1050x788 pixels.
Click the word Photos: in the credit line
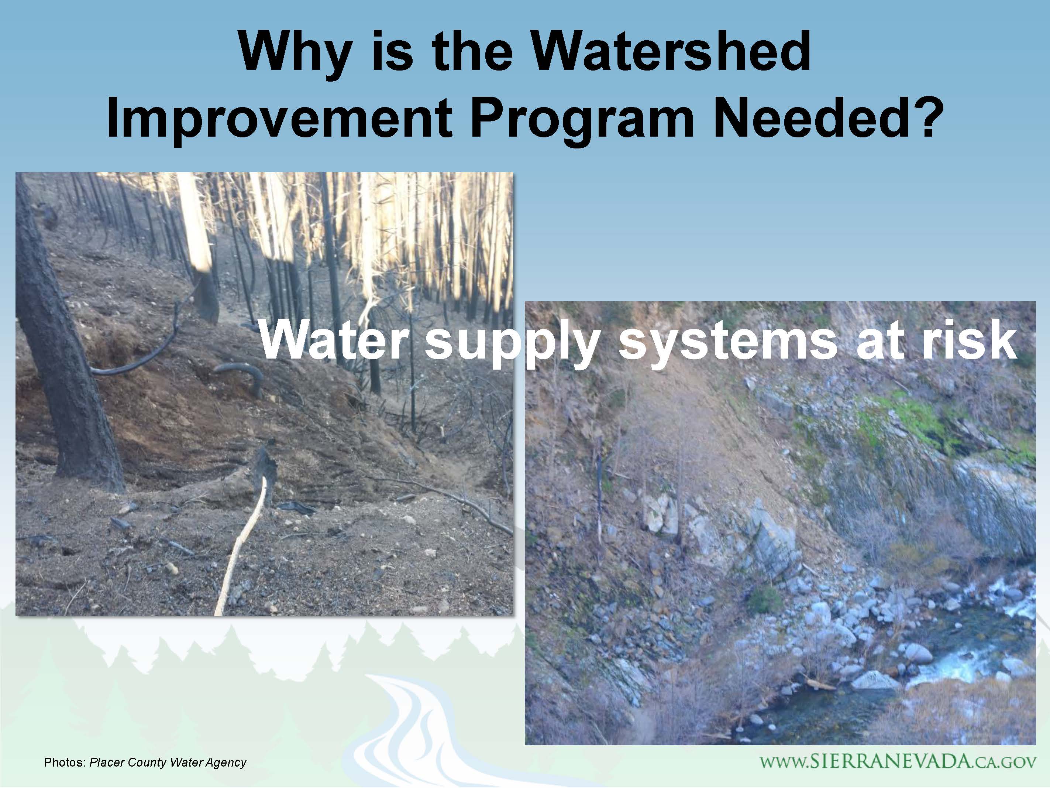click(x=65, y=763)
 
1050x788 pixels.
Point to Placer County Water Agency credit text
click(x=168, y=763)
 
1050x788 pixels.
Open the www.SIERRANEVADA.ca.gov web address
click(x=898, y=761)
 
